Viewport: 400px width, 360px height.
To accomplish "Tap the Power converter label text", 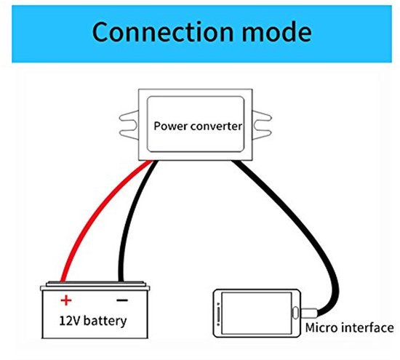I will click(x=198, y=124).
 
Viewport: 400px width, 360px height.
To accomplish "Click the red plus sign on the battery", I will click(x=65, y=300).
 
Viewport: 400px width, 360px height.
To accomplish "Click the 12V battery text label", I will click(x=94, y=320).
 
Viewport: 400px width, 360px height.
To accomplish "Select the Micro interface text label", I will click(x=350, y=328).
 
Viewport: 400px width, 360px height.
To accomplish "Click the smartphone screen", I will click(x=255, y=312).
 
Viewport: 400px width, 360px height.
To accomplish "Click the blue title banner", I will click(x=200, y=33).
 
